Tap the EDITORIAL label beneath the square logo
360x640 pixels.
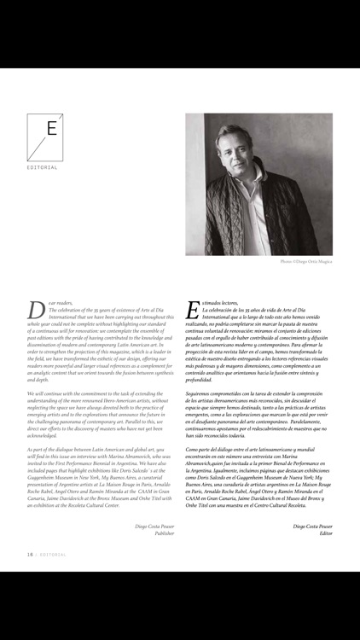[x=44, y=167]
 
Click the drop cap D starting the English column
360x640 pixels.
[x=35, y=310]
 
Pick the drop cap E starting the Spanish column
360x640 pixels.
[x=192, y=310]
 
